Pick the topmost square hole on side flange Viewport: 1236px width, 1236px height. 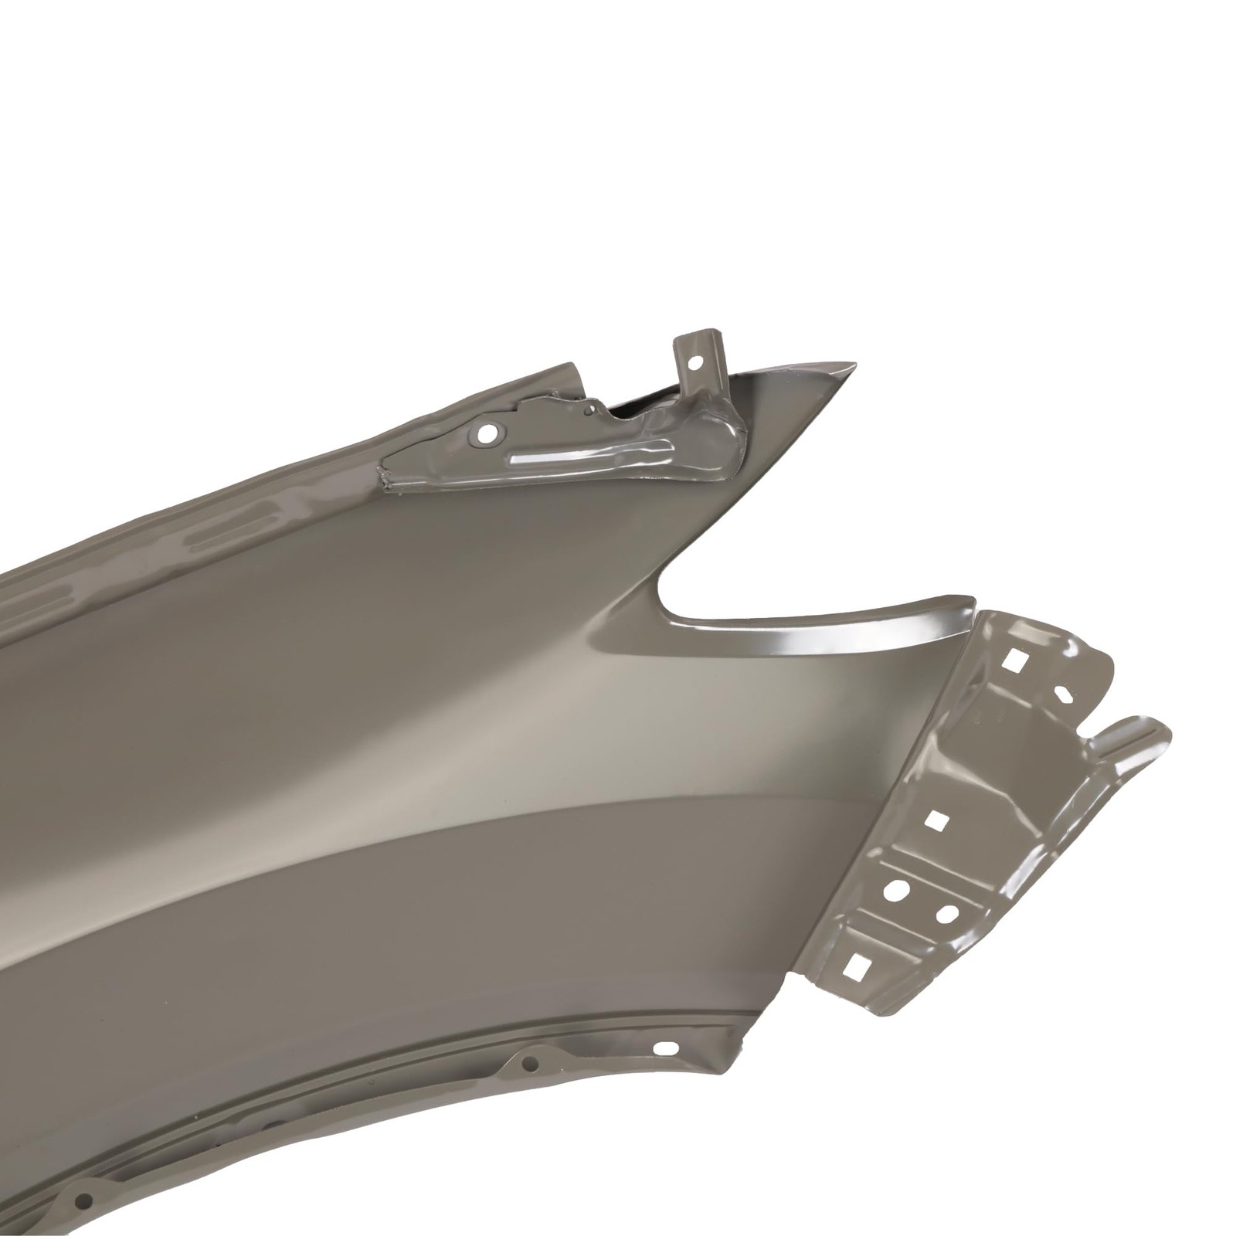1013,658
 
